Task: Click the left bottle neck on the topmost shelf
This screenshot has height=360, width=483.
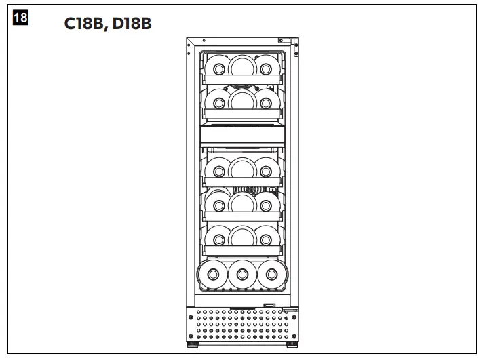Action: point(218,68)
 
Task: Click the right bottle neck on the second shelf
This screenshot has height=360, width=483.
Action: point(265,103)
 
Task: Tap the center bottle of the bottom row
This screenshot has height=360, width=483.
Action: point(241,275)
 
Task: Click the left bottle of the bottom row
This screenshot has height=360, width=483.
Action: point(212,275)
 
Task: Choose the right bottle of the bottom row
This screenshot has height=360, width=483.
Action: point(271,275)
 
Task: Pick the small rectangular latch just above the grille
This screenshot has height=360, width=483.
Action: point(270,305)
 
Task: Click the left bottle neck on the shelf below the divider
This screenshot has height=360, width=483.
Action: point(218,167)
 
